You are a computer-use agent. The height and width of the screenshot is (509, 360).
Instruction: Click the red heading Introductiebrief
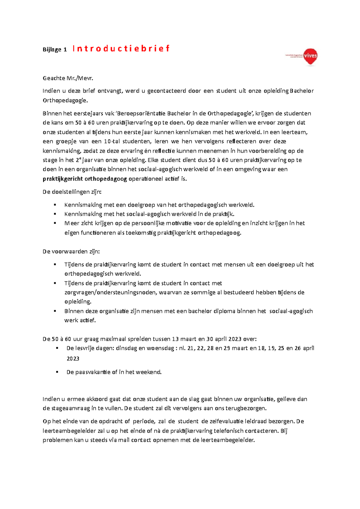pyautogui.click(x=121, y=49)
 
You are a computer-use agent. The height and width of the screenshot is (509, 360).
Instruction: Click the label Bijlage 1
pyautogui.click(x=55, y=50)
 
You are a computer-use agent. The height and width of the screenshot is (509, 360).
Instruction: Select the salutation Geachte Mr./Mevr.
pyautogui.click(x=68, y=78)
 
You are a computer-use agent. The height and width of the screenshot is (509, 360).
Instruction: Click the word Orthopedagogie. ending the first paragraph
pyautogui.click(x=65, y=100)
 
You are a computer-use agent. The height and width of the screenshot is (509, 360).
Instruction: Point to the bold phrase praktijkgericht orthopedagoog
pyautogui.click(x=85, y=179)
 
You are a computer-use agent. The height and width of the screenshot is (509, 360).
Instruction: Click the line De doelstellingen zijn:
pyautogui.click(x=72, y=192)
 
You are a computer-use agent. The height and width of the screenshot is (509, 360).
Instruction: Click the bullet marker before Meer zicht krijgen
pyautogui.click(x=55, y=223)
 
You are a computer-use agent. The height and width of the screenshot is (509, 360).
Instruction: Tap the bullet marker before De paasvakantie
pyautogui.click(x=57, y=372)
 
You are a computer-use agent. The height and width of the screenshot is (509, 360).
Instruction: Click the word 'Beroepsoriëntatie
pyautogui.click(x=140, y=114)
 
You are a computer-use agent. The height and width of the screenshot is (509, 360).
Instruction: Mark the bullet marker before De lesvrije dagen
pyautogui.click(x=57, y=348)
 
